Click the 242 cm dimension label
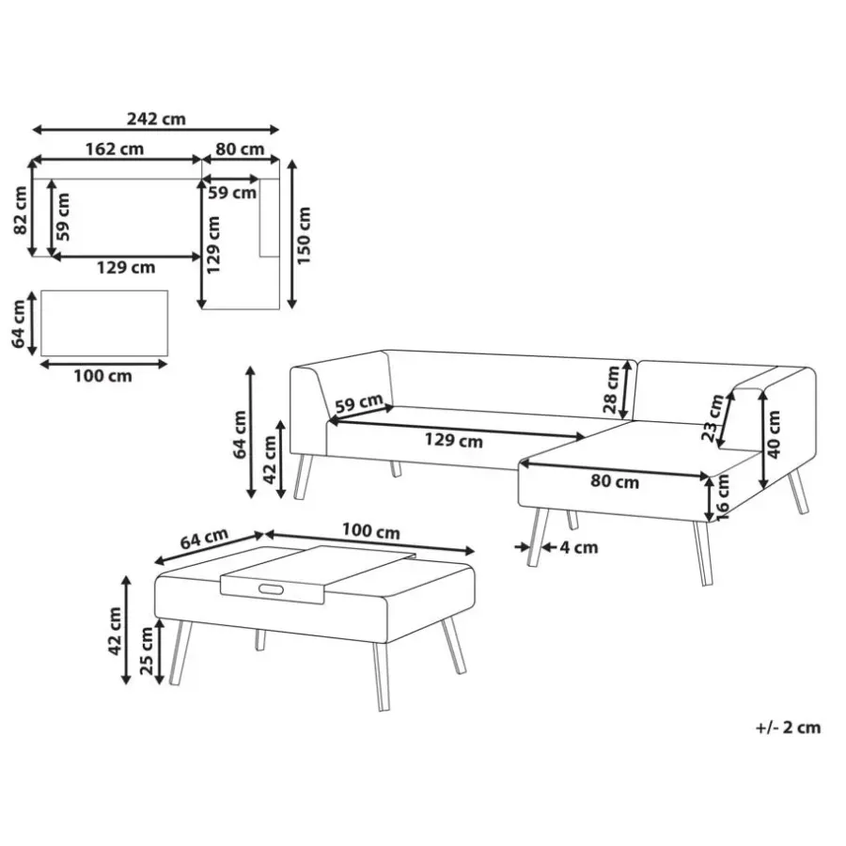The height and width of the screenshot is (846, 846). tap(156, 118)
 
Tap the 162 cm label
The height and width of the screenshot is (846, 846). tap(115, 149)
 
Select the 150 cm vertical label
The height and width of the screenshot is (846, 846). tap(304, 235)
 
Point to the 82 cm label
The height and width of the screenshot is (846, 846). tap(21, 211)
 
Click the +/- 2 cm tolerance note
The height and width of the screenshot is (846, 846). tap(788, 728)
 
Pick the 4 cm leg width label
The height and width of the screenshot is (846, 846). tap(579, 548)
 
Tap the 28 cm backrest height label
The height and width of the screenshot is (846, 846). tap(611, 389)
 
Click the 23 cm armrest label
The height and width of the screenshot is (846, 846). tap(713, 417)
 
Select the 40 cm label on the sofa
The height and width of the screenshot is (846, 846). tap(774, 434)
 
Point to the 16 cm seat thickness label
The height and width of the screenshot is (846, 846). tap(722, 497)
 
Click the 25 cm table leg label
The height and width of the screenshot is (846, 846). tap(147, 650)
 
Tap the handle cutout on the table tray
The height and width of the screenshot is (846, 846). tap(271, 589)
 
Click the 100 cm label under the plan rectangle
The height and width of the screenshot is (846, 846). tap(102, 376)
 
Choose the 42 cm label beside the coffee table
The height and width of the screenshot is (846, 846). tap(115, 631)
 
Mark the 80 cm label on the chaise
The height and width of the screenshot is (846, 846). tap(615, 481)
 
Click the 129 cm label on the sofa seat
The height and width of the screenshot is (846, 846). tap(453, 441)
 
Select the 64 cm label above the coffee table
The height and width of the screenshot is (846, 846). tap(204, 539)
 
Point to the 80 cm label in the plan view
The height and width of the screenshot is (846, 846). tap(240, 149)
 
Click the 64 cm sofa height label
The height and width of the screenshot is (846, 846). tap(240, 434)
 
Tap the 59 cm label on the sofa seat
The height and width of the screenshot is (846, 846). tap(359, 403)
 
